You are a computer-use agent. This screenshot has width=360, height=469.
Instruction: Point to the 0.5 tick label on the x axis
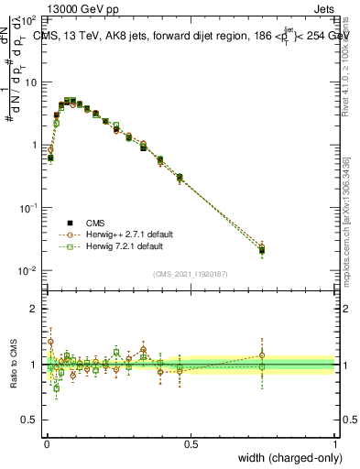191,443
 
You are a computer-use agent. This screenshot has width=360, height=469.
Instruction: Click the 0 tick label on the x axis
47,443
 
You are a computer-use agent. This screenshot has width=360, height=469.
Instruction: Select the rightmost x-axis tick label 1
335,443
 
